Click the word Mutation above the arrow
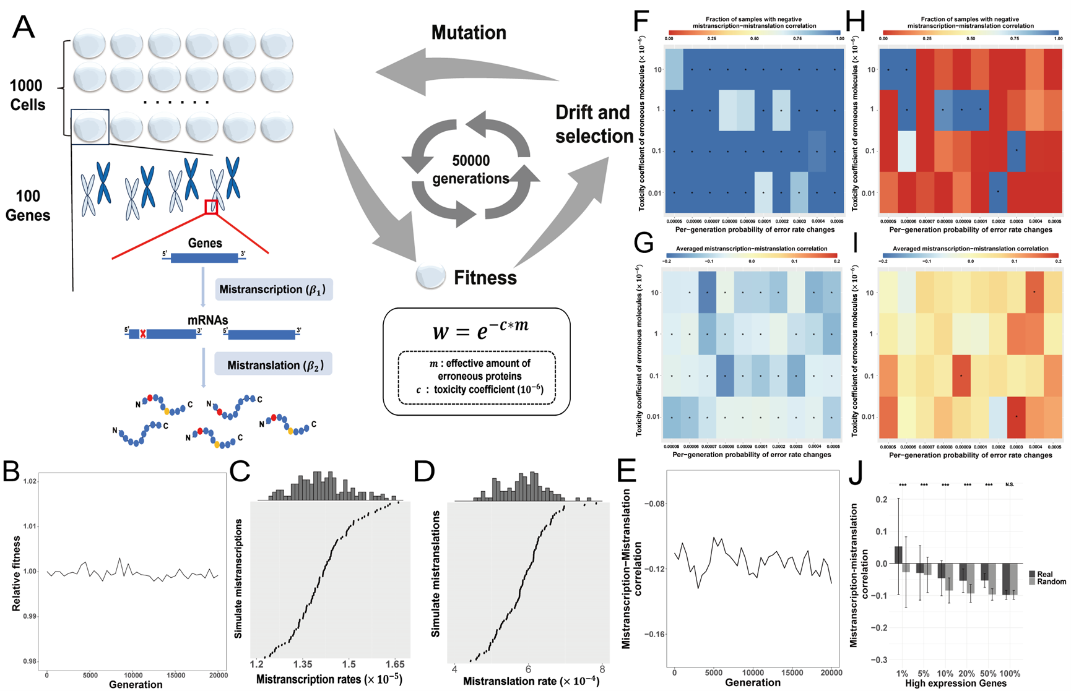pos(469,32)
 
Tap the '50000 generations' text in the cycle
pos(470,170)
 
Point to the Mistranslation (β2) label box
pos(273,365)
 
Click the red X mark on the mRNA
pos(143,333)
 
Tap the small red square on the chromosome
pos(211,207)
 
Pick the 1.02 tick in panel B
pos(29,481)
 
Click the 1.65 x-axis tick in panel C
pos(394,664)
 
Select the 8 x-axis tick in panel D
pos(602,669)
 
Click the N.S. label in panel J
pos(1010,484)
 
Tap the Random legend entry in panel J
pos(1051,582)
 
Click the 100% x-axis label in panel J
pos(1010,673)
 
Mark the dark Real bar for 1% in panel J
pos(899,555)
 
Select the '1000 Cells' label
pos(27,95)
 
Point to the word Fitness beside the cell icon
pos(485,278)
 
